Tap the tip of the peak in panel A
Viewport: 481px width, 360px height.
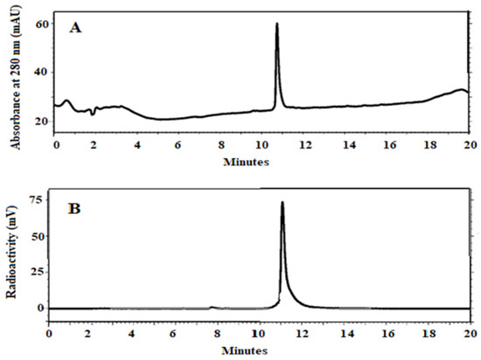[x=276, y=24]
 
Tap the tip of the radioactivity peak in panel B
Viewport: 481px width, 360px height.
[x=282, y=202]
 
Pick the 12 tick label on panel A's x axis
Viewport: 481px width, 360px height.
[x=303, y=147]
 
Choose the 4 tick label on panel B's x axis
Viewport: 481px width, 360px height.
[x=132, y=335]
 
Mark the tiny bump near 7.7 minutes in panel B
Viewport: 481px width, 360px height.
[x=211, y=307]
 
